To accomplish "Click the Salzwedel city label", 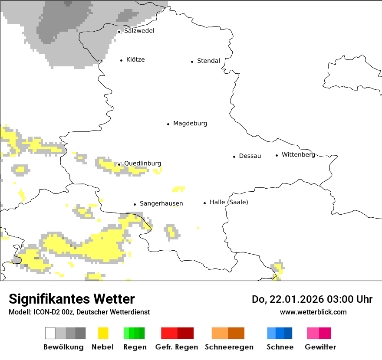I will point(139,31).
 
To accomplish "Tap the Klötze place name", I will point(135,60).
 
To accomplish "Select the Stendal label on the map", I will point(208,61).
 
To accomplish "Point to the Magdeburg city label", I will point(190,124).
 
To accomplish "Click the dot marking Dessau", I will point(234,157).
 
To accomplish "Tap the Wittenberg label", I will point(298,155).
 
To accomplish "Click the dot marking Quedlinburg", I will point(119,164).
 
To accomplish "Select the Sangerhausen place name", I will point(161,203).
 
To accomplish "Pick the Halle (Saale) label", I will point(229,202).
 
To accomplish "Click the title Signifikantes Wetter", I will point(72,299).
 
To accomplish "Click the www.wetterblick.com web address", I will point(313,312).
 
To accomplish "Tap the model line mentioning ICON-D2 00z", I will point(79,312).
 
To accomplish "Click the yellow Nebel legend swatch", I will point(103,333).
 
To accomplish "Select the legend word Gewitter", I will point(320,347).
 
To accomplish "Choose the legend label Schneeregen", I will point(229,347).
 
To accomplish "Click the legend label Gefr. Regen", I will point(177,347).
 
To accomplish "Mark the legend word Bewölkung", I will point(63,347).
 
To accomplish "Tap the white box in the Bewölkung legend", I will point(50,333).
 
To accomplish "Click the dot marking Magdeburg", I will point(168,124).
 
